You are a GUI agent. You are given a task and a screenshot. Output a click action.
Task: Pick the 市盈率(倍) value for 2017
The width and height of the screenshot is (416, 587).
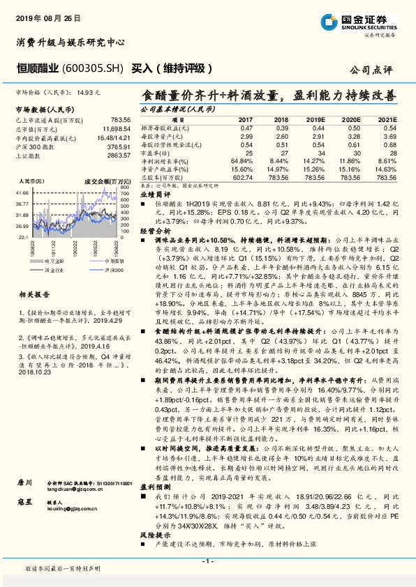pyautogui.click(x=246, y=153)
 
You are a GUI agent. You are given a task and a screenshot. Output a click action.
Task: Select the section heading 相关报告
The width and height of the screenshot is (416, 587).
pyautogui.click(x=31, y=296)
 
